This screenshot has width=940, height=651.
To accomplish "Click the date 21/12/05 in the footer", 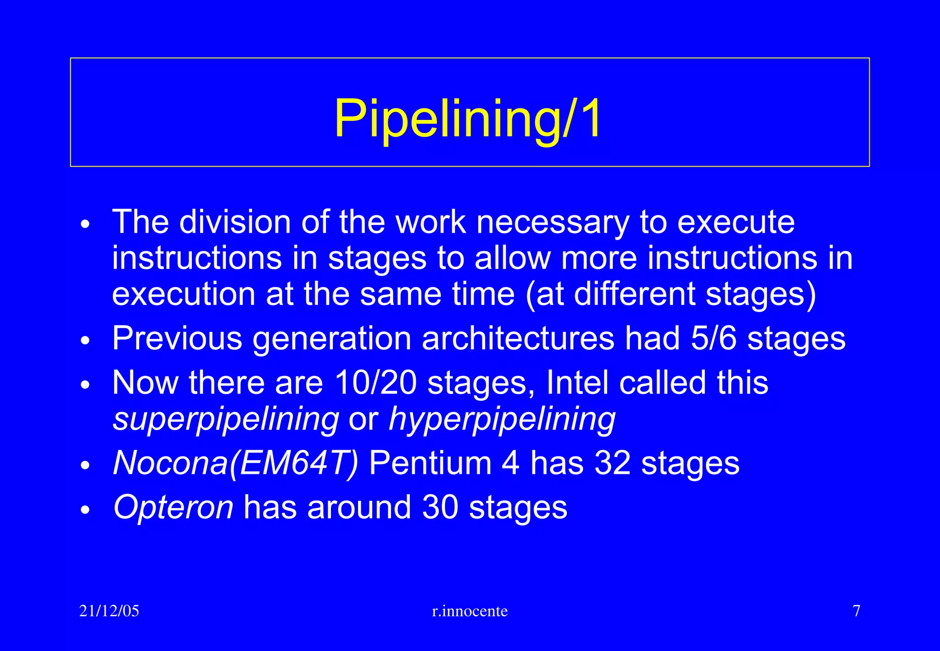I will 109,611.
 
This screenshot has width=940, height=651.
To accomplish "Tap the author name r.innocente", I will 470,611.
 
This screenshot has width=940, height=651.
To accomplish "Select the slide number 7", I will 856,611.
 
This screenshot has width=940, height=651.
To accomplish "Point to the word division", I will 235,223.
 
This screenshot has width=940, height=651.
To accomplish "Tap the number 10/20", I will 375,382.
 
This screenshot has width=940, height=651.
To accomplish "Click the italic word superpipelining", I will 226,419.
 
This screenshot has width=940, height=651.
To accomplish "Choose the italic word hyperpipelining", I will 502,419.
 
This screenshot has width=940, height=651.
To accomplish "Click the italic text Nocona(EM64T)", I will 235,463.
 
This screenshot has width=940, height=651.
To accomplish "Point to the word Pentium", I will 430,463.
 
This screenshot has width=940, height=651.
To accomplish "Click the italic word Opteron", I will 173,507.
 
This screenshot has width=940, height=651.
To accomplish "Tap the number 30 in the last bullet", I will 440,507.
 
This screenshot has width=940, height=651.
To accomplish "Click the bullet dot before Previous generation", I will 85,340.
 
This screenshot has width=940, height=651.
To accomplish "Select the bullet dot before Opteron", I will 85,509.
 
